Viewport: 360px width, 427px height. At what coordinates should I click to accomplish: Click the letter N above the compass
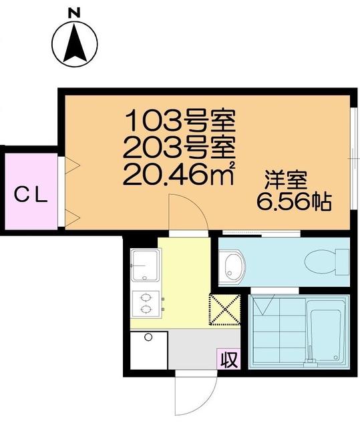tap(75, 12)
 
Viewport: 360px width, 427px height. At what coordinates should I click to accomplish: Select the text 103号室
tap(182, 121)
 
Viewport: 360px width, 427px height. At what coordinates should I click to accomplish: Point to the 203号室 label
tap(182, 148)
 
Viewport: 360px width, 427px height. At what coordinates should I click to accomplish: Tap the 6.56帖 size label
tap(295, 203)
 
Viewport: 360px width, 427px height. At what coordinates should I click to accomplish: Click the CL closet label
tap(31, 195)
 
